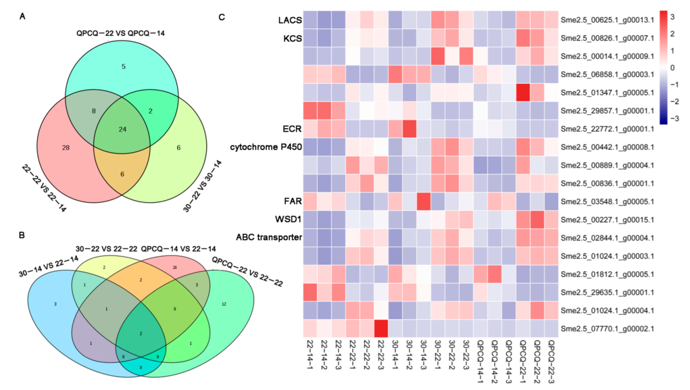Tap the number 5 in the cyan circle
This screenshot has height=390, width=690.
[x=123, y=66]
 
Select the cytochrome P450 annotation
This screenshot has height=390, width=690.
[x=265, y=147]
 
